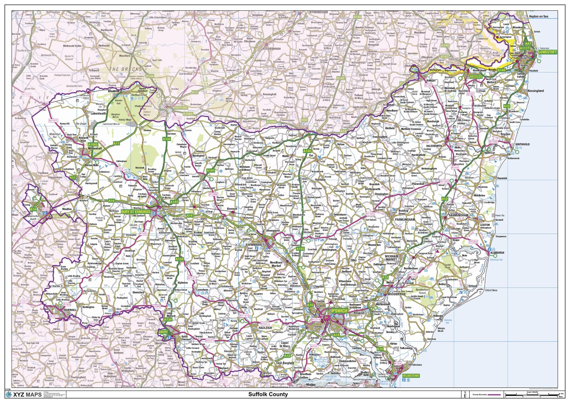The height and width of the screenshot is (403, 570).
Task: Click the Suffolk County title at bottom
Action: (x=268, y=394)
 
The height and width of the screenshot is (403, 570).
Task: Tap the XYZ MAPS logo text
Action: (x=27, y=395)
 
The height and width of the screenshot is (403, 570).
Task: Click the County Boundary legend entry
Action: (x=479, y=395)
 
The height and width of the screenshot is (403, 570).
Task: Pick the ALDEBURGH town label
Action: (x=497, y=253)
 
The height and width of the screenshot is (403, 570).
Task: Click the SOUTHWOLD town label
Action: (x=522, y=144)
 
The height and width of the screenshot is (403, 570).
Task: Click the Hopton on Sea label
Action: (x=539, y=16)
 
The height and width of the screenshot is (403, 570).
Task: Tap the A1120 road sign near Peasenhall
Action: (x=444, y=181)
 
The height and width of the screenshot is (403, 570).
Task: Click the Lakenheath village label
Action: (x=98, y=114)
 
